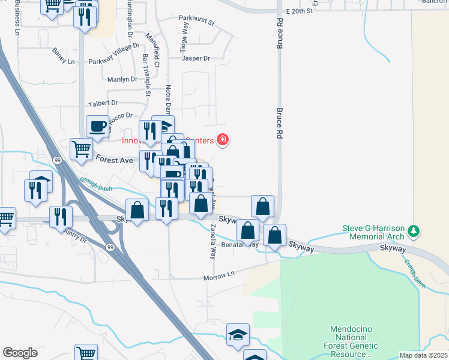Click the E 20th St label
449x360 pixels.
point(300,11)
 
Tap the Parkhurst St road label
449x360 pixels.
point(197,22)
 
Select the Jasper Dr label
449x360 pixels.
point(197,59)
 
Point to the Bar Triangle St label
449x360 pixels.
point(146,75)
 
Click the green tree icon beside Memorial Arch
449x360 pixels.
point(412,231)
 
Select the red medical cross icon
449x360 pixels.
point(223,140)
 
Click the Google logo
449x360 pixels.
point(20,353)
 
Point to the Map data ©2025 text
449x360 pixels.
point(423,355)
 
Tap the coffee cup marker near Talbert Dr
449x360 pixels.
point(97,126)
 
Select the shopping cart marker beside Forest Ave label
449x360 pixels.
point(81,148)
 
